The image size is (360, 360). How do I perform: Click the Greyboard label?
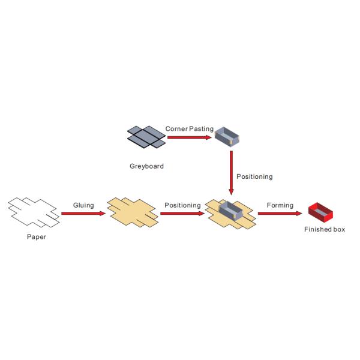(146, 166)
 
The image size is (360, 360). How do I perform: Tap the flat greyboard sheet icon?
(146, 137)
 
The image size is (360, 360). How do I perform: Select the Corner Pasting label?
(189, 128)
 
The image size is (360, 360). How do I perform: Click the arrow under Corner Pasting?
(190, 137)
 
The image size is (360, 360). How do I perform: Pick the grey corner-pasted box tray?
(227, 137)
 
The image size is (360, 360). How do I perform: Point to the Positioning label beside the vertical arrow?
(254, 176)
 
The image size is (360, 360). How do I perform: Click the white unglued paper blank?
(33, 212)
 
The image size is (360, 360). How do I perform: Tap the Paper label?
(36, 236)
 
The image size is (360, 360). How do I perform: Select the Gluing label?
(83, 205)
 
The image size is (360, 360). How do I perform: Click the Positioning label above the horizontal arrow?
(182, 205)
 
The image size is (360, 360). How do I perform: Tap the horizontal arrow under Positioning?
(182, 213)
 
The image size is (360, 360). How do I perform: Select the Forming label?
(280, 205)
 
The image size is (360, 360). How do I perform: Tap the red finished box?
(320, 211)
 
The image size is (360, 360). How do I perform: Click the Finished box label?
(325, 229)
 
